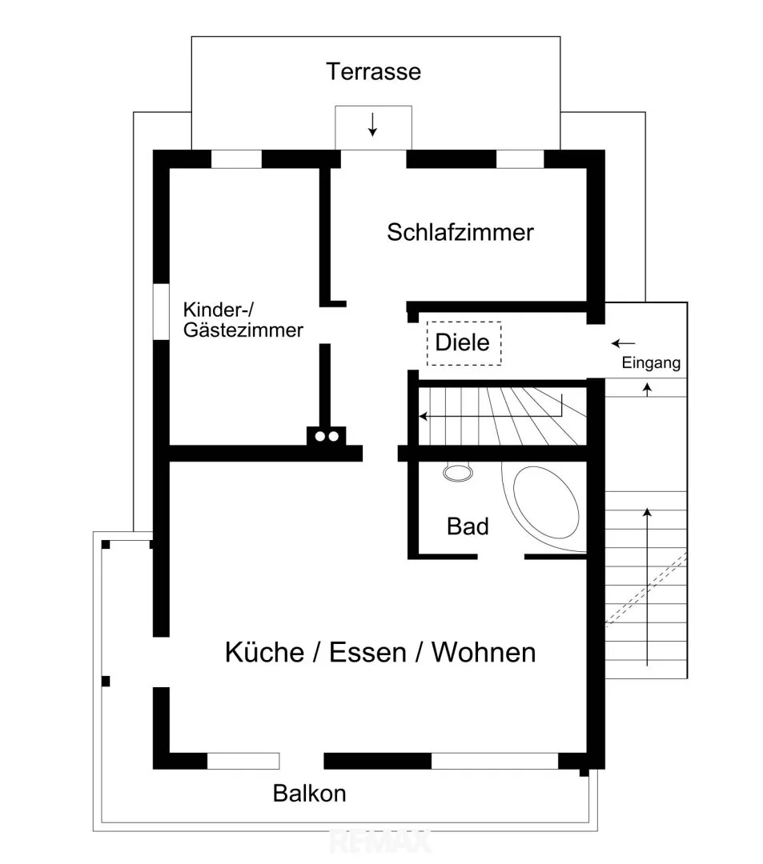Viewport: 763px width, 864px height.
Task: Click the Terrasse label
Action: pos(373,72)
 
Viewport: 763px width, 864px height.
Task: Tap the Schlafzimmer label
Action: pos(460,232)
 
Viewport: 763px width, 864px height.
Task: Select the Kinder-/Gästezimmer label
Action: pos(243,319)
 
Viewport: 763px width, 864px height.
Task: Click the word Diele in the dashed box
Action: pos(462,342)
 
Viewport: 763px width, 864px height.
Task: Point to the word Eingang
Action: pos(651,363)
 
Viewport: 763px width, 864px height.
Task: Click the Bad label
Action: pos(468,526)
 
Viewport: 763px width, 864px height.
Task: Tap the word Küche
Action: pos(265,652)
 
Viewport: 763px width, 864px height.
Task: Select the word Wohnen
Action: pos(484,653)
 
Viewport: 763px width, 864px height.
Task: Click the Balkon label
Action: pos(309,794)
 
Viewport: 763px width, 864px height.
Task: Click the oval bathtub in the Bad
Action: pos(546,502)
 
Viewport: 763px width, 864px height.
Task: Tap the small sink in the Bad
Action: pos(458,473)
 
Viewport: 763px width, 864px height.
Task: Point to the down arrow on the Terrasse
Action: pos(372,124)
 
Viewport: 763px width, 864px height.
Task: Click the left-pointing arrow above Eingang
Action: pos(624,344)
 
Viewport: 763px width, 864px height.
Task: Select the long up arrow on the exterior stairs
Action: pos(647,587)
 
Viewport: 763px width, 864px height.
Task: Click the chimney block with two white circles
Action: pos(327,436)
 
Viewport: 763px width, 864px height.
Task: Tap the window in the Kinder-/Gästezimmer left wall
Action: pos(161,311)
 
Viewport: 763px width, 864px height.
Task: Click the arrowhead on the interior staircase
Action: pos(423,416)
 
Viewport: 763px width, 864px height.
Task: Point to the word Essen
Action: pos(367,653)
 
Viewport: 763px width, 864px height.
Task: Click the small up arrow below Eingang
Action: pos(647,390)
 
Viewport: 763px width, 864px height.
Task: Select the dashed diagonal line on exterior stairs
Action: pos(647,589)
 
